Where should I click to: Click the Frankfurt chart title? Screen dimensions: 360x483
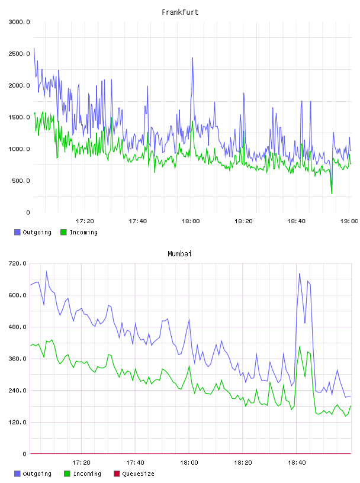[180, 12]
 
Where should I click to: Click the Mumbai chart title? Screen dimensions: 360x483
[179, 254]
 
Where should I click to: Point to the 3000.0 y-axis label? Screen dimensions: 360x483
[19, 22]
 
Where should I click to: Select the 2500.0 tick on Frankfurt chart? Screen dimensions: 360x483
[19, 54]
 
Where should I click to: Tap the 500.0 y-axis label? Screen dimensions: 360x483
[21, 181]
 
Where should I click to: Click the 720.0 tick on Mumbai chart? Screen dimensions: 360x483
[17, 263]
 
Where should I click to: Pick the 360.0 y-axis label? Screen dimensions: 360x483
[17, 359]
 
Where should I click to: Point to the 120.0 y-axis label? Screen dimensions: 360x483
[17, 422]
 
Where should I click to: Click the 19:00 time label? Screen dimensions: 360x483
[349, 221]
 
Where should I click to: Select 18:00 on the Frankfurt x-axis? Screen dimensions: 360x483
[191, 221]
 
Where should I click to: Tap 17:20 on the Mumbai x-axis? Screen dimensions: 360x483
[81, 463]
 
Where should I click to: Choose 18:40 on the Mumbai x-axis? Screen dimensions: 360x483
[297, 463]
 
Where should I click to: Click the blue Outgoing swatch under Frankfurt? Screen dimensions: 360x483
[17, 232]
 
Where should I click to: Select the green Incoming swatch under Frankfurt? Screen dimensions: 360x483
[63, 232]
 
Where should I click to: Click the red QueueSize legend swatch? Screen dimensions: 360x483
[117, 474]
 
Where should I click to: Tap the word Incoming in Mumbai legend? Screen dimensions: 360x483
[87, 474]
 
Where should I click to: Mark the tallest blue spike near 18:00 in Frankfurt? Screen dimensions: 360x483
[192, 58]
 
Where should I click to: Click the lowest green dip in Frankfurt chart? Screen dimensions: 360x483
[332, 194]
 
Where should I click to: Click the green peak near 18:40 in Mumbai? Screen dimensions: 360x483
[300, 346]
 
